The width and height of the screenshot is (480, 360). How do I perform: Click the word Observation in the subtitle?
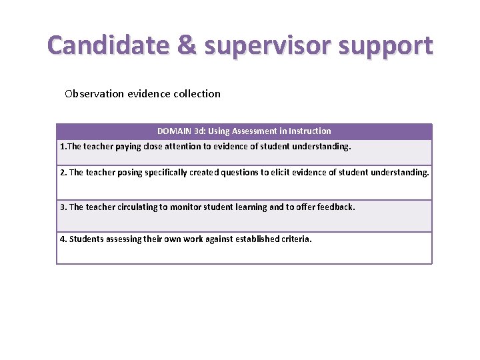point(94,93)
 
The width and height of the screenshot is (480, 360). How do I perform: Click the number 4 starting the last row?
point(63,239)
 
